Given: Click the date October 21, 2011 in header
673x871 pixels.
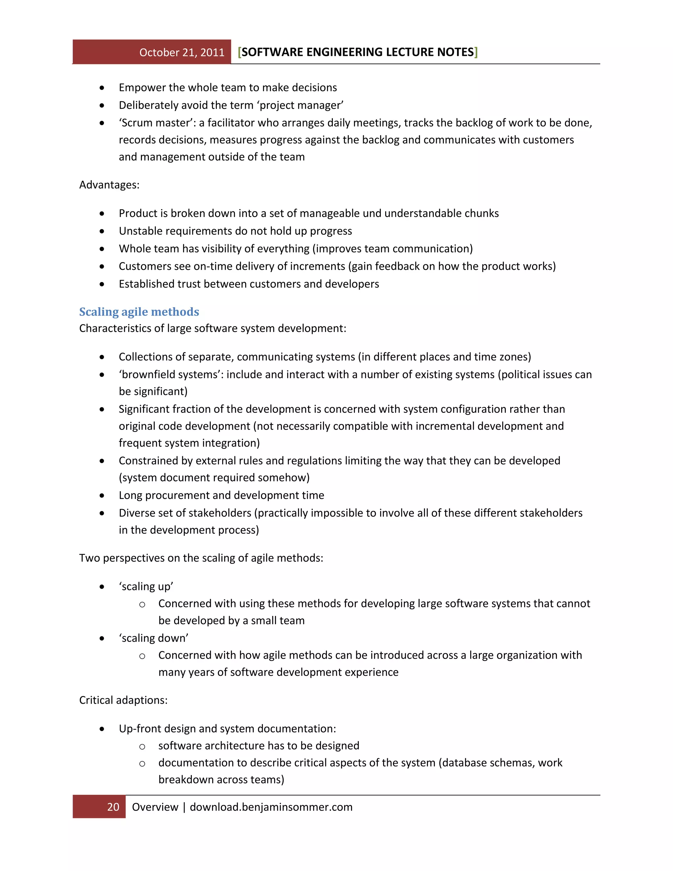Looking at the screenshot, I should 182,53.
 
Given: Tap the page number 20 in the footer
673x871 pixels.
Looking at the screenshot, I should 113,807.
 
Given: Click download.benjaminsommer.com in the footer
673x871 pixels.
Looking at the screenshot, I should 271,807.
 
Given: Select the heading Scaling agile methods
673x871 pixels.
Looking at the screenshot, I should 139,312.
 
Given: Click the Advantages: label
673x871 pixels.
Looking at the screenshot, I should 109,185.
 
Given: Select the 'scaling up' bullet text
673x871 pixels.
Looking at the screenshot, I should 146,587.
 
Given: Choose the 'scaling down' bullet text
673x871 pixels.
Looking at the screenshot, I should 153,638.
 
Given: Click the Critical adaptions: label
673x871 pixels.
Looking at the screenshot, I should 123,700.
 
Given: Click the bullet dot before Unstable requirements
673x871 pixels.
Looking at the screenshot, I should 102,231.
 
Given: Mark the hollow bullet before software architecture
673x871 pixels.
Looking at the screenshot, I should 142,746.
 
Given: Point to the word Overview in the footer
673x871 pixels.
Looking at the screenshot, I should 155,807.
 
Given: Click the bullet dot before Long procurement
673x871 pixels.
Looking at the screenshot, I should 102,496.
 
